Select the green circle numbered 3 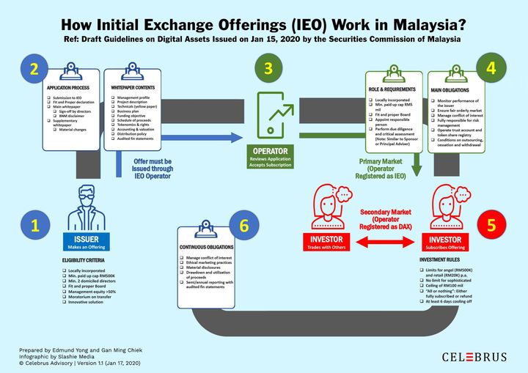point(268,70)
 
